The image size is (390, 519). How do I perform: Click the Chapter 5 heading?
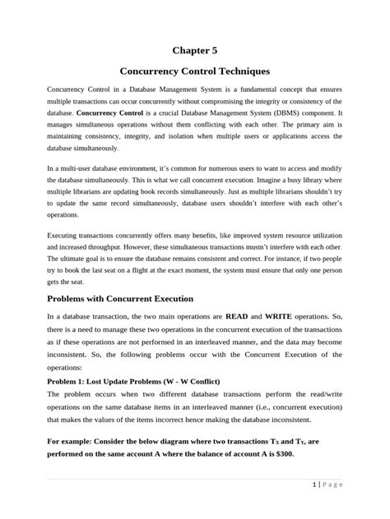(194, 50)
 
